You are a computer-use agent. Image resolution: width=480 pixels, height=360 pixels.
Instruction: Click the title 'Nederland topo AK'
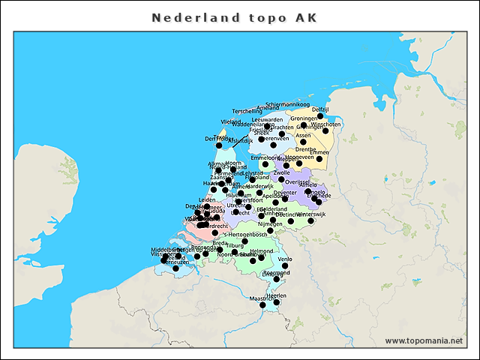tap(234, 17)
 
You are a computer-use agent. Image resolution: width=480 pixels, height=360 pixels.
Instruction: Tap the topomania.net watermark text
tap(424, 340)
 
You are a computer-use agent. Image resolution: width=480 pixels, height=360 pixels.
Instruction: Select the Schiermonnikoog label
tap(287, 104)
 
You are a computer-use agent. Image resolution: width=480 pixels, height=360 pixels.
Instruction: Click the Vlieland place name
tap(231, 121)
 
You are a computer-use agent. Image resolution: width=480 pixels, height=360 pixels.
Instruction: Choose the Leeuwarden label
tap(267, 119)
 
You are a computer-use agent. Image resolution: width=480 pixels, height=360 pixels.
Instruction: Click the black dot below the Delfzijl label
tap(320, 116)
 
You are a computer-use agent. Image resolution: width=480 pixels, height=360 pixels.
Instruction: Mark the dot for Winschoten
tap(325, 131)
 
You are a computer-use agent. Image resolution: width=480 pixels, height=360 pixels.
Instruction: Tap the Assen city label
tap(303, 136)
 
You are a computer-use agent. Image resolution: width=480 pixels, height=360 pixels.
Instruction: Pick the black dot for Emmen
tap(319, 159)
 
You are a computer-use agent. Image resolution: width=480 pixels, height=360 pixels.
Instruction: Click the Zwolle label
tap(282, 172)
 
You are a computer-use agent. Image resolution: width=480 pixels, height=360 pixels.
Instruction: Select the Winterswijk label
tap(310, 214)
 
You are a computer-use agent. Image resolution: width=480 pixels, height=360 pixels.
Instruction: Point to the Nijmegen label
tap(270, 223)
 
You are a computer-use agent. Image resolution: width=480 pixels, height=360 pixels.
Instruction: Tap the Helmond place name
tap(262, 251)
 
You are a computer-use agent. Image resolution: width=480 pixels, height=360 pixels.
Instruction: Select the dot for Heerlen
tap(277, 302)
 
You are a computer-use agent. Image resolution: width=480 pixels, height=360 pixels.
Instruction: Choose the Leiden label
tap(206, 199)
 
